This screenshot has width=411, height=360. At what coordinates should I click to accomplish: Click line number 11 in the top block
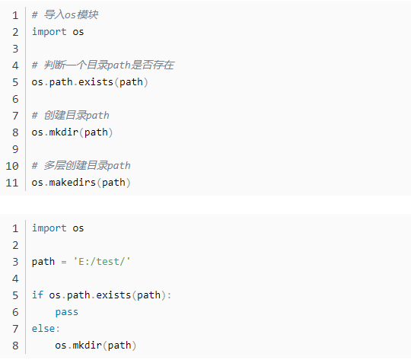pyautogui.click(x=12, y=183)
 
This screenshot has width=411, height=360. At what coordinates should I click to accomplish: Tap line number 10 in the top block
pyautogui.click(x=12, y=166)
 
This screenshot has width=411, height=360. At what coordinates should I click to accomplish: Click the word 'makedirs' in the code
pyautogui.click(x=72, y=182)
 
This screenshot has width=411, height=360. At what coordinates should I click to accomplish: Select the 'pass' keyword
pyautogui.click(x=66, y=312)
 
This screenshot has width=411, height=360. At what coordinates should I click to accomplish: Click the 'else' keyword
pyautogui.click(x=43, y=328)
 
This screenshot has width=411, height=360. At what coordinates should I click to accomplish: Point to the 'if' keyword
pyautogui.click(x=37, y=295)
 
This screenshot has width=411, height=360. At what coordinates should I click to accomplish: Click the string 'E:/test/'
pyautogui.click(x=102, y=261)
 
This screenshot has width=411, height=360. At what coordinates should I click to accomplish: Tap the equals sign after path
pyautogui.click(x=64, y=262)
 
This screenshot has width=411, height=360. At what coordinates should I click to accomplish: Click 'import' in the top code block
pyautogui.click(x=49, y=32)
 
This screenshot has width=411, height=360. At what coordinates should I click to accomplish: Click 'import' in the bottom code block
pyautogui.click(x=49, y=228)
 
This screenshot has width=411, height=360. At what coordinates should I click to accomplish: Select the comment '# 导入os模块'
pyautogui.click(x=65, y=14)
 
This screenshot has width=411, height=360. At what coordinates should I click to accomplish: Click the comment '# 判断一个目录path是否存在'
pyautogui.click(x=103, y=65)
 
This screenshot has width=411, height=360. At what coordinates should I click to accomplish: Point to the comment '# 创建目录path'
pyautogui.click(x=70, y=115)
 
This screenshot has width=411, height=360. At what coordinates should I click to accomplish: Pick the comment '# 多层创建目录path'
pyautogui.click(x=81, y=165)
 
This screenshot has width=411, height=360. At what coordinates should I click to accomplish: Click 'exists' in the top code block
pyautogui.click(x=96, y=81)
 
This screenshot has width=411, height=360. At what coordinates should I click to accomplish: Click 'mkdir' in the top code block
pyautogui.click(x=64, y=132)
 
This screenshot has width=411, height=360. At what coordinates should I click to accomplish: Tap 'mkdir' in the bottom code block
pyautogui.click(x=87, y=345)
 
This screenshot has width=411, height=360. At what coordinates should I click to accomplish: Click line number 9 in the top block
pyautogui.click(x=15, y=149)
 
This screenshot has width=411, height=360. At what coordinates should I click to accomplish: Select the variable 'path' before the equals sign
pyautogui.click(x=43, y=262)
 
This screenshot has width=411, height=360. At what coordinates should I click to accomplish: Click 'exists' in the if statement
pyautogui.click(x=113, y=295)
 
